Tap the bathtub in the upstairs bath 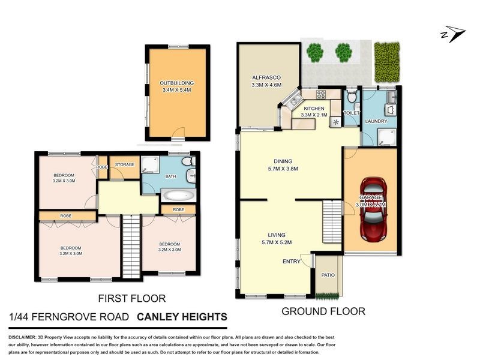(x=178, y=196)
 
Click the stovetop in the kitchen (x=321, y=94)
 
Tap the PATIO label (x=327, y=275)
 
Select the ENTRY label (x=292, y=262)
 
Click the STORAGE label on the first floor (x=125, y=164)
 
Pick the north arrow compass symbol (x=451, y=34)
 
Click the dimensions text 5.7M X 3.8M (x=283, y=169)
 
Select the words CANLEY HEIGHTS (x=182, y=317)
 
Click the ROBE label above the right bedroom (x=178, y=209)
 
